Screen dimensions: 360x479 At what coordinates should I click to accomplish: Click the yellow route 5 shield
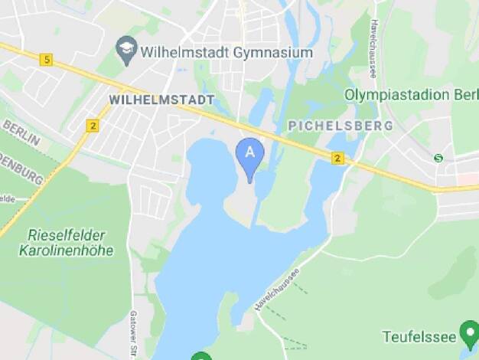[47, 60]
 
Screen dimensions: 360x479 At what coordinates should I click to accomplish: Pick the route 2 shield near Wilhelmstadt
[93, 126]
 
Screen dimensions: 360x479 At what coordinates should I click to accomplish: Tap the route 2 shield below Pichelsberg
[337, 158]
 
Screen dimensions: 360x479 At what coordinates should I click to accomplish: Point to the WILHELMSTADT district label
[161, 100]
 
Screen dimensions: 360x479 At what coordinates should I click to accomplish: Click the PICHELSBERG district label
[341, 125]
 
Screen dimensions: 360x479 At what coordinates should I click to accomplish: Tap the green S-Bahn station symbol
[438, 158]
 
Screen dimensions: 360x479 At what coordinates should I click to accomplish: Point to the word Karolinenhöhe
[67, 250]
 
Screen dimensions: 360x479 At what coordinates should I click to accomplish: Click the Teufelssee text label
[418, 335]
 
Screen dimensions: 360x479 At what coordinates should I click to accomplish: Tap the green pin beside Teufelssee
[468, 334]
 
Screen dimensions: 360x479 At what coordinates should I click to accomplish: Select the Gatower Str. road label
[132, 326]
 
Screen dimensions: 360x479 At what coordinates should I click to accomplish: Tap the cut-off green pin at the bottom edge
[201, 355]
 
